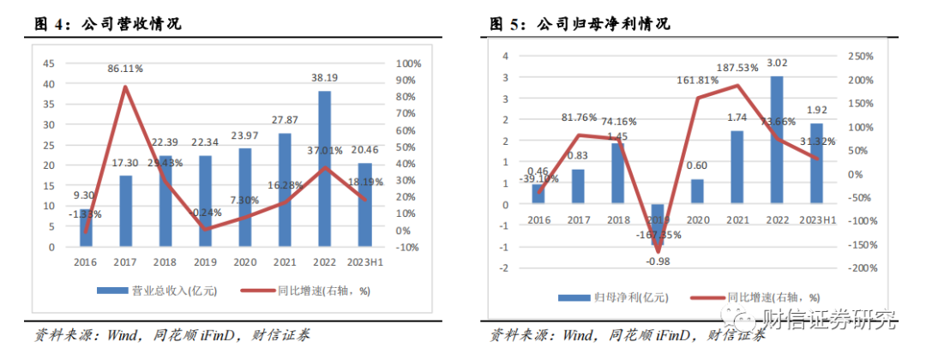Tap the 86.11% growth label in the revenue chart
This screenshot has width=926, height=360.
(125, 67)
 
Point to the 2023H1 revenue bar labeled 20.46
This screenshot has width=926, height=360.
(365, 206)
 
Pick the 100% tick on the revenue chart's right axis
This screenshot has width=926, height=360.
(408, 63)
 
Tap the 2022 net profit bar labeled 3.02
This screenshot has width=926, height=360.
(777, 141)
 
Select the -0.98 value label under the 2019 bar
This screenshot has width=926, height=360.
(658, 261)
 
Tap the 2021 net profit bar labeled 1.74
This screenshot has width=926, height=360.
(737, 167)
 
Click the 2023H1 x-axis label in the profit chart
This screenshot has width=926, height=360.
(816, 220)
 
